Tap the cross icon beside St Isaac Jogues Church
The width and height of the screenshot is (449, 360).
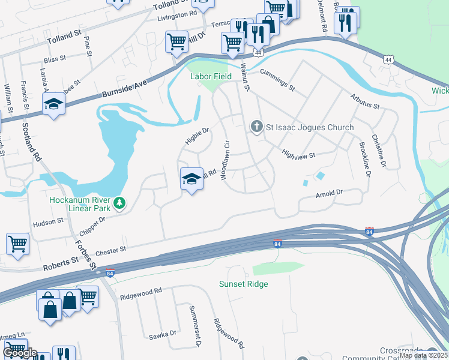tap(256, 127)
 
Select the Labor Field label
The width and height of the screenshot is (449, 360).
tap(211, 76)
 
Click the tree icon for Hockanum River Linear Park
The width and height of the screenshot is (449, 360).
tap(121, 203)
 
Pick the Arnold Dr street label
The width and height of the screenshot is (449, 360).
tap(329, 193)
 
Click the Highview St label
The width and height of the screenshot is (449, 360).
tap(299, 154)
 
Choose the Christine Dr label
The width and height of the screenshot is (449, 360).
tap(378, 151)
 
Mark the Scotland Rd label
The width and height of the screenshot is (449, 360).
tap(32, 142)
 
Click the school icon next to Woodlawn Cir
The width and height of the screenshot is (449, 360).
tap(191, 179)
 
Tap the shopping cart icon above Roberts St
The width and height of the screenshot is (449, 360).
tap(18, 244)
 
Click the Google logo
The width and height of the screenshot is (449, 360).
tap(19, 352)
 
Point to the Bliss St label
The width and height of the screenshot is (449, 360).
tap(54, 60)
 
